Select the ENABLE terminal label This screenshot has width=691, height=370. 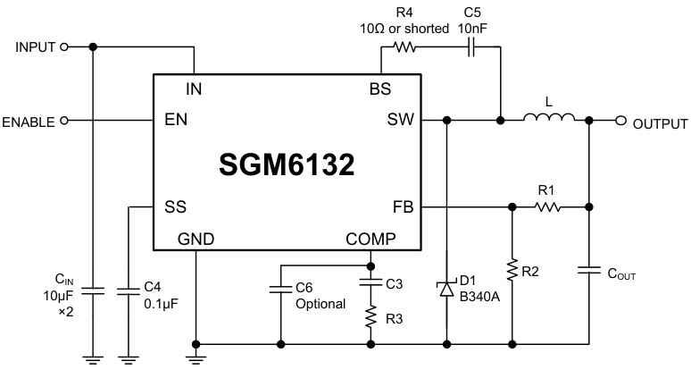[29, 122]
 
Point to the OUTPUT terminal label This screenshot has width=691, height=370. [660, 123]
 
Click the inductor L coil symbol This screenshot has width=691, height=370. [548, 119]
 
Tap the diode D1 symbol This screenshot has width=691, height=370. [446, 287]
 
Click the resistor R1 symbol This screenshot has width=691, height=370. [547, 207]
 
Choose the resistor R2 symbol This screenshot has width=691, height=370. [512, 268]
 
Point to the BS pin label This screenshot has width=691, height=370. [380, 88]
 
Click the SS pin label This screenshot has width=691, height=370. [175, 206]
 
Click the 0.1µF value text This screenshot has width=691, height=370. [162, 305]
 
